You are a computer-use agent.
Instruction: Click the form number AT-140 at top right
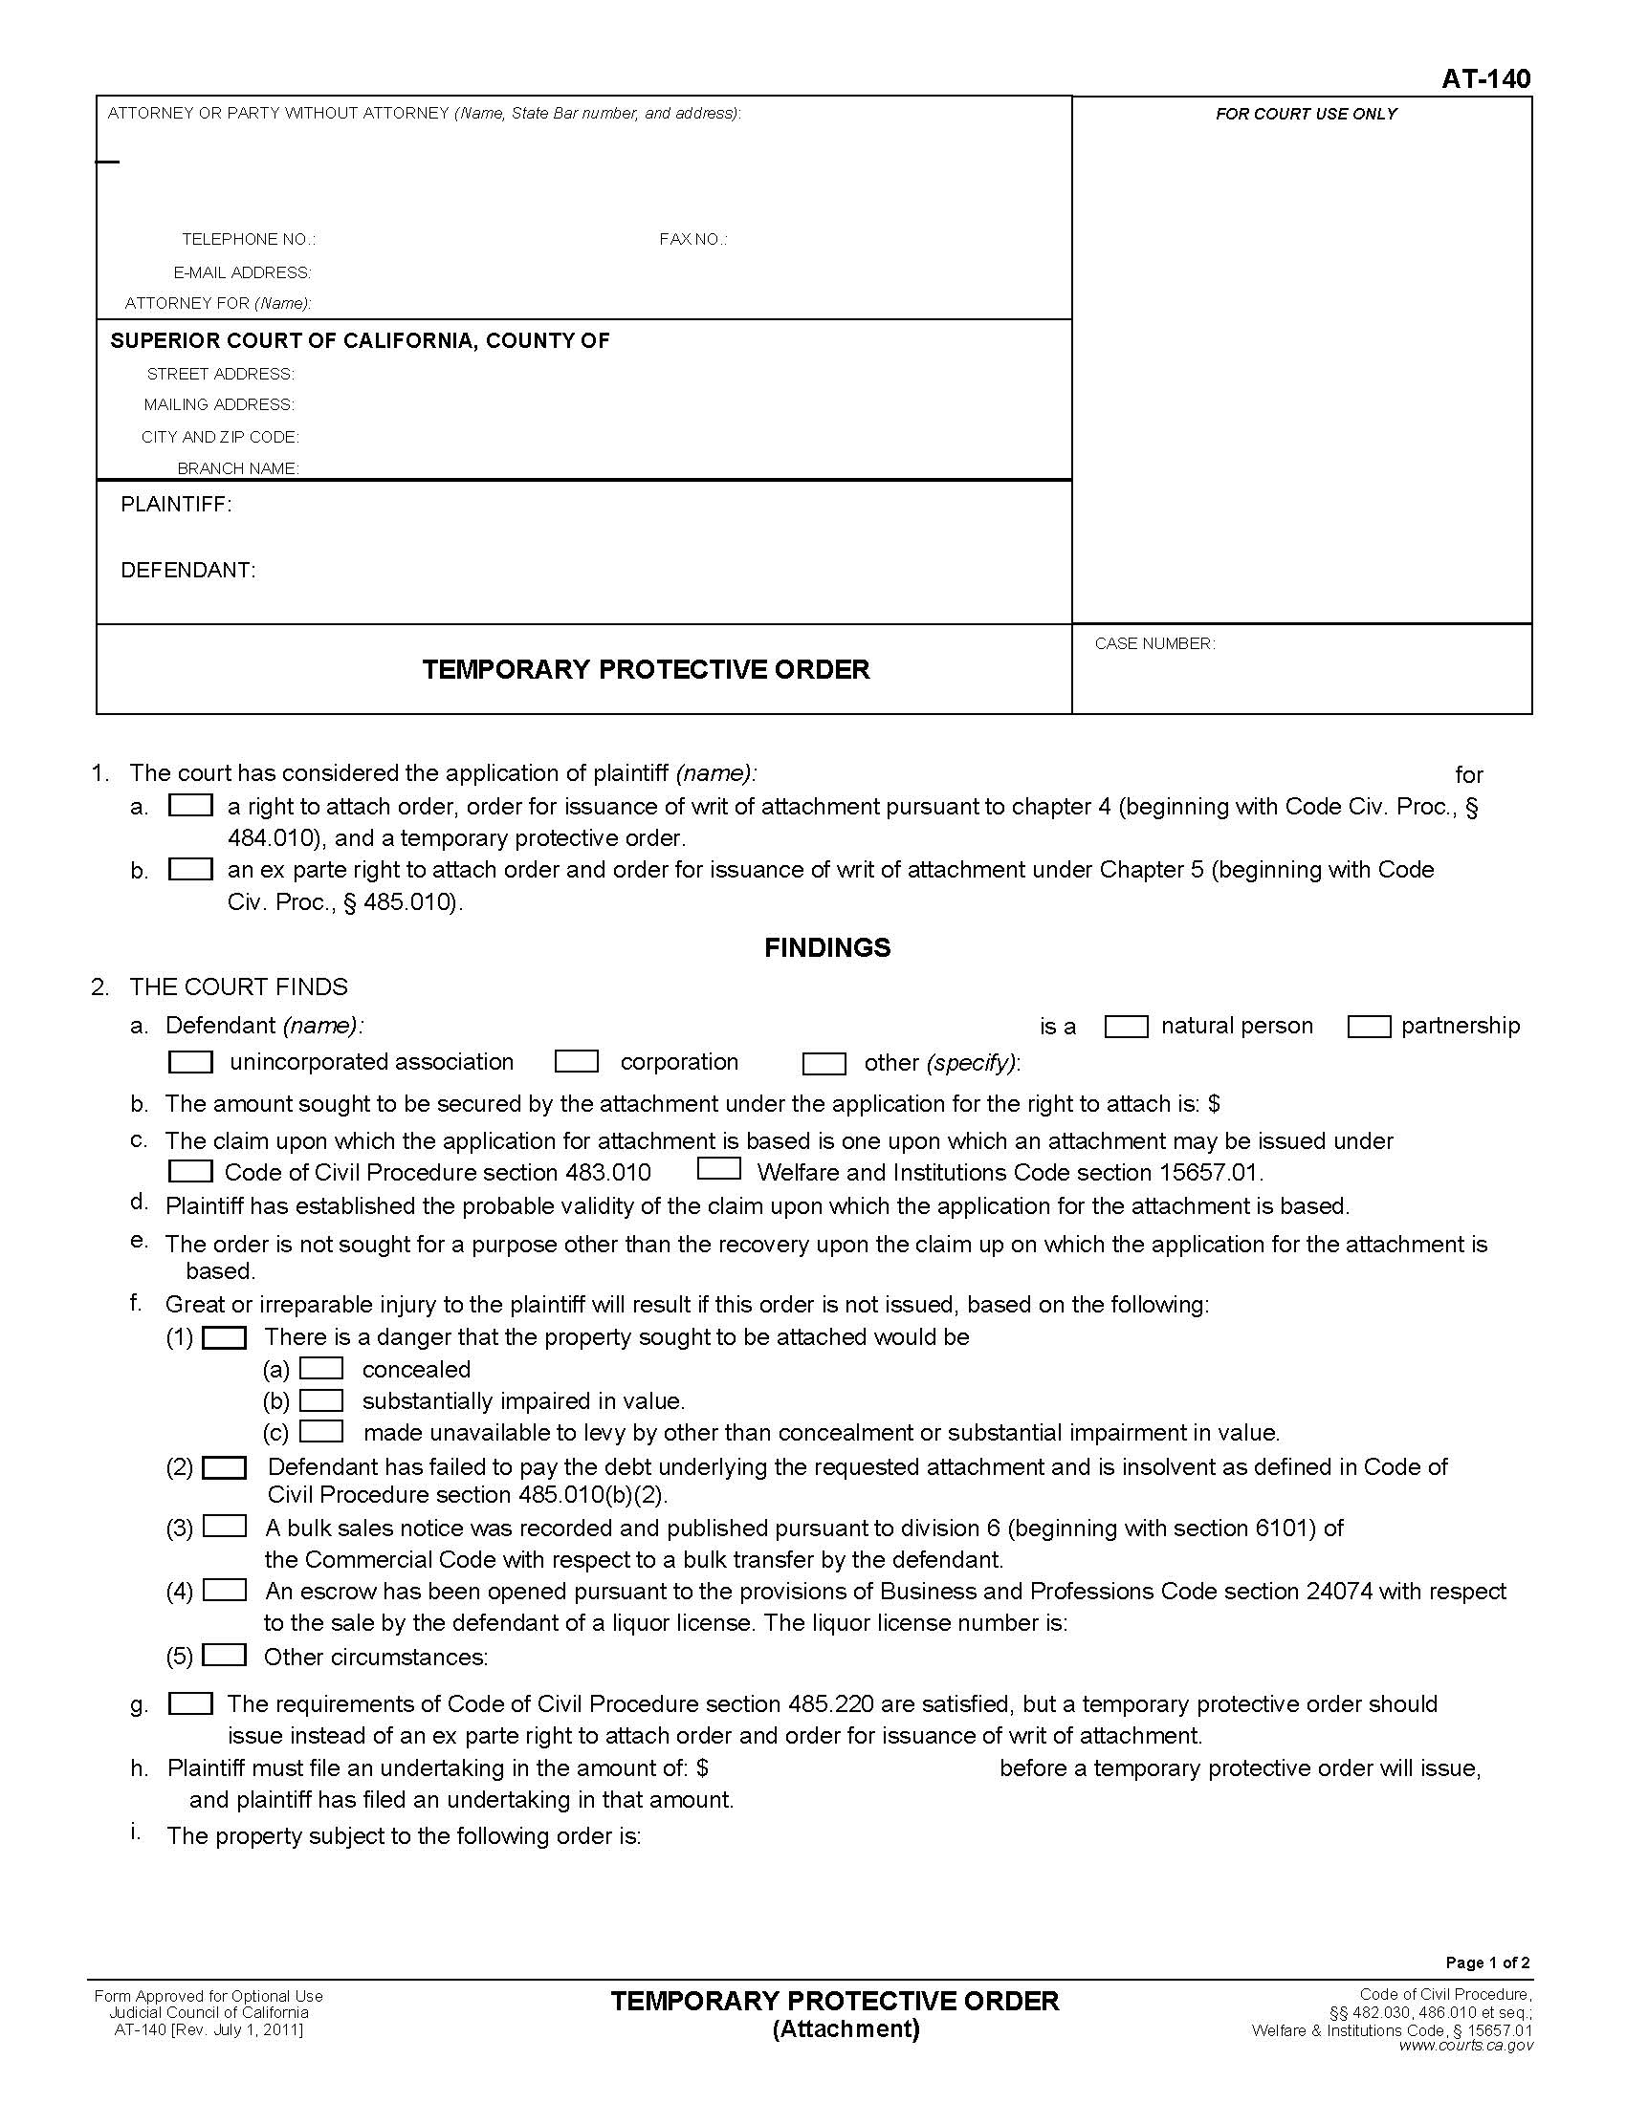point(1484,79)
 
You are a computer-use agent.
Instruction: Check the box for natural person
point(1125,1027)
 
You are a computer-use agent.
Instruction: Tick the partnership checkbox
point(1368,1027)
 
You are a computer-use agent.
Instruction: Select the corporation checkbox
point(576,1061)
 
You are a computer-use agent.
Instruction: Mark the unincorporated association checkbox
point(189,1061)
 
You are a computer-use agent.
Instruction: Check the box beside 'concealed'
point(320,1368)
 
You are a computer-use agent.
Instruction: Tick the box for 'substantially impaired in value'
point(320,1400)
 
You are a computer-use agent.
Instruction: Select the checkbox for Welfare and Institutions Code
point(718,1169)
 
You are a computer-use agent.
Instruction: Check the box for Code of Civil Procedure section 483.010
point(189,1171)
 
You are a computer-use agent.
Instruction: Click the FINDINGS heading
point(826,947)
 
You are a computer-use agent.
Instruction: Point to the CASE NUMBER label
point(1154,643)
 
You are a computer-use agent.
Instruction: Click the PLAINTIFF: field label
point(175,505)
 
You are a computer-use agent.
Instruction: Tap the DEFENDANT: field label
point(187,570)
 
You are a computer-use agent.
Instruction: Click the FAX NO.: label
point(692,239)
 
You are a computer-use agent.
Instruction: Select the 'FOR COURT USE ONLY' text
point(1306,114)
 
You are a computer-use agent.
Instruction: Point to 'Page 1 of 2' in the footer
point(1486,1962)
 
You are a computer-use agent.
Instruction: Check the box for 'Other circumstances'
point(226,1655)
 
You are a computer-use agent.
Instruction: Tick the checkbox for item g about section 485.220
point(189,1703)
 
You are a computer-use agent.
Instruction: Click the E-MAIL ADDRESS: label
point(242,272)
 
